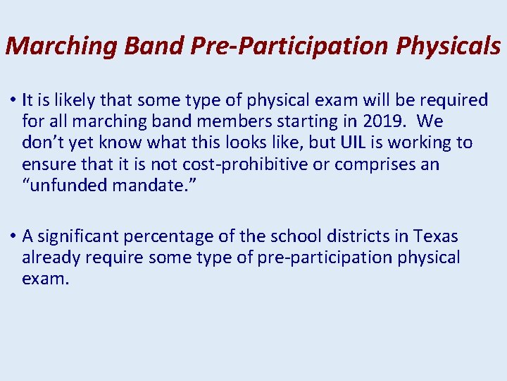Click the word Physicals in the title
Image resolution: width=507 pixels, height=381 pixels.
tap(449, 47)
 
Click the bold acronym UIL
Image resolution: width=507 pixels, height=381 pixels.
tap(353, 143)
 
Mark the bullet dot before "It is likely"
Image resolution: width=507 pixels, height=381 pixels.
tap(13, 100)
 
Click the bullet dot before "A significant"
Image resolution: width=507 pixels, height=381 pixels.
tap(13, 236)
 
